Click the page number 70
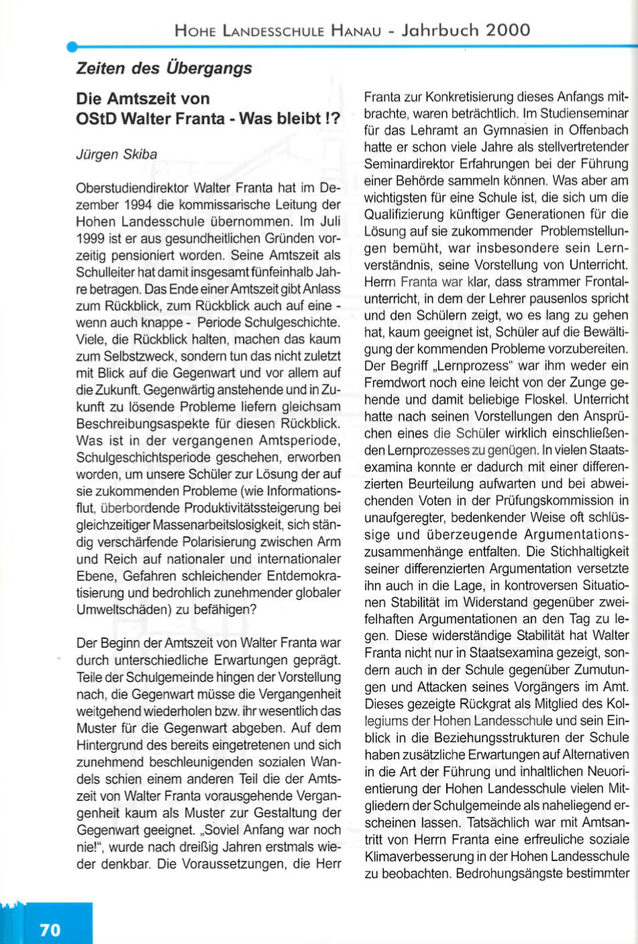[x=50, y=929]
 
